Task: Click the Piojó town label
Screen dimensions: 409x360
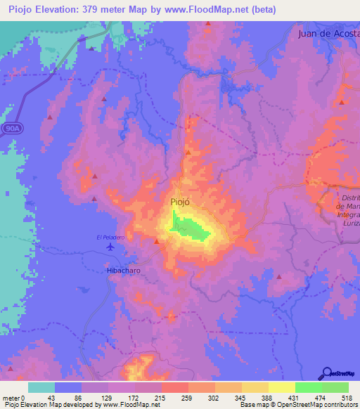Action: coord(181,202)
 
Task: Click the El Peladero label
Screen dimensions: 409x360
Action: coord(110,237)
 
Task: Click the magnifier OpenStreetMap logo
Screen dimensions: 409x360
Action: coord(327,373)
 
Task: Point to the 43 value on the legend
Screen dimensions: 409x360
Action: coord(50,398)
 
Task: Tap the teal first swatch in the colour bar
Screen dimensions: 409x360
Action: coord(41,387)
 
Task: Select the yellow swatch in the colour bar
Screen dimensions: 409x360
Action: coord(281,387)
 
